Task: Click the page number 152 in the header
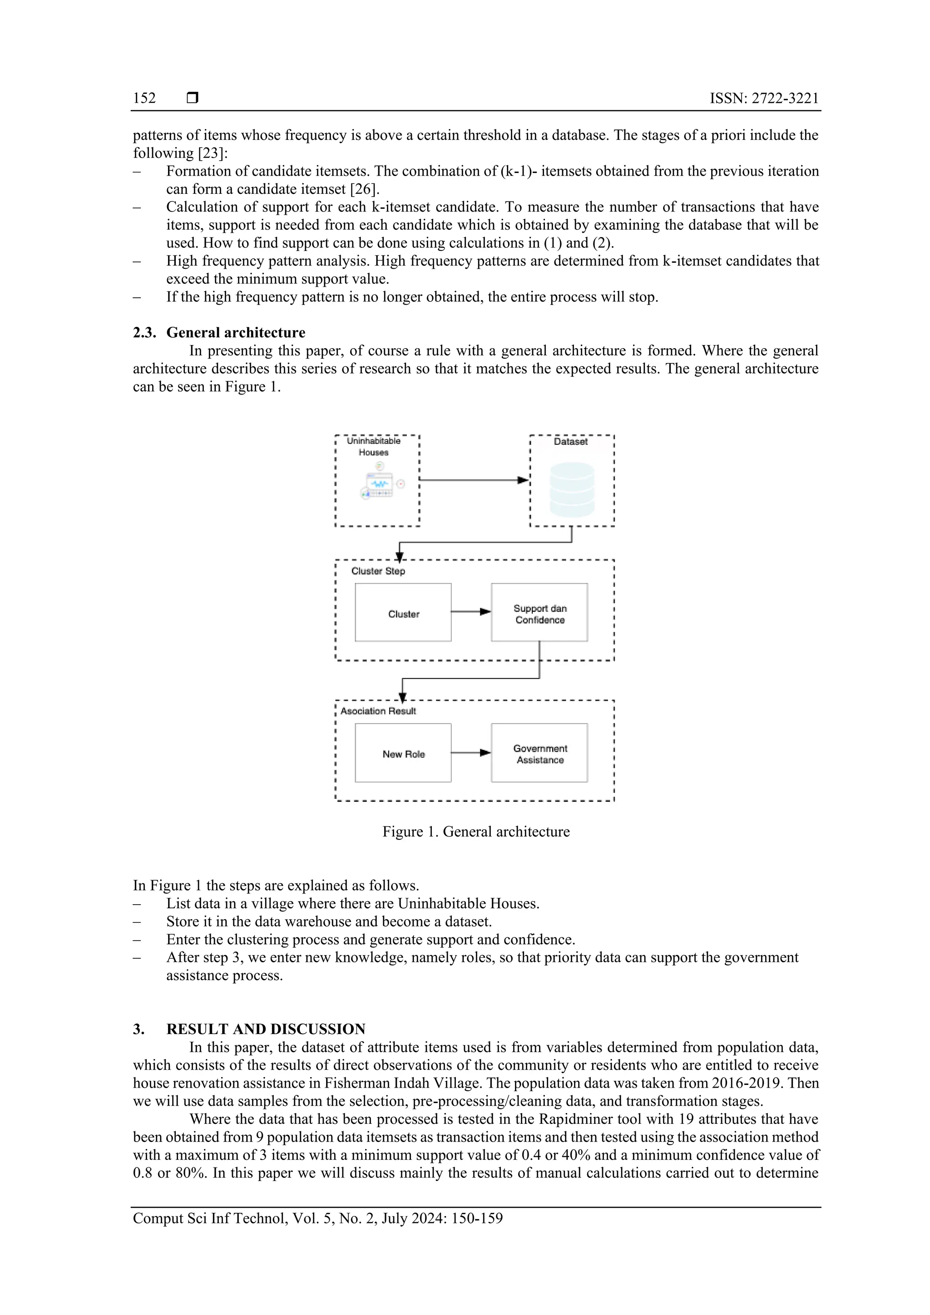144,98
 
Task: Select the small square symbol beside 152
193,98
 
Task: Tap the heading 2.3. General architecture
219,333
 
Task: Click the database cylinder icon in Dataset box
571,490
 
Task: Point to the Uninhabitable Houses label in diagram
374,447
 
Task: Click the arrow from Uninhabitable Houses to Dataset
473,480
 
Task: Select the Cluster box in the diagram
403,612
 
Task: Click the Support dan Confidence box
539,612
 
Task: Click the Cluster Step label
378,571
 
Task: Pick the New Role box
403,753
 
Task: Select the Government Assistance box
539,753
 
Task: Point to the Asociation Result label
378,711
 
